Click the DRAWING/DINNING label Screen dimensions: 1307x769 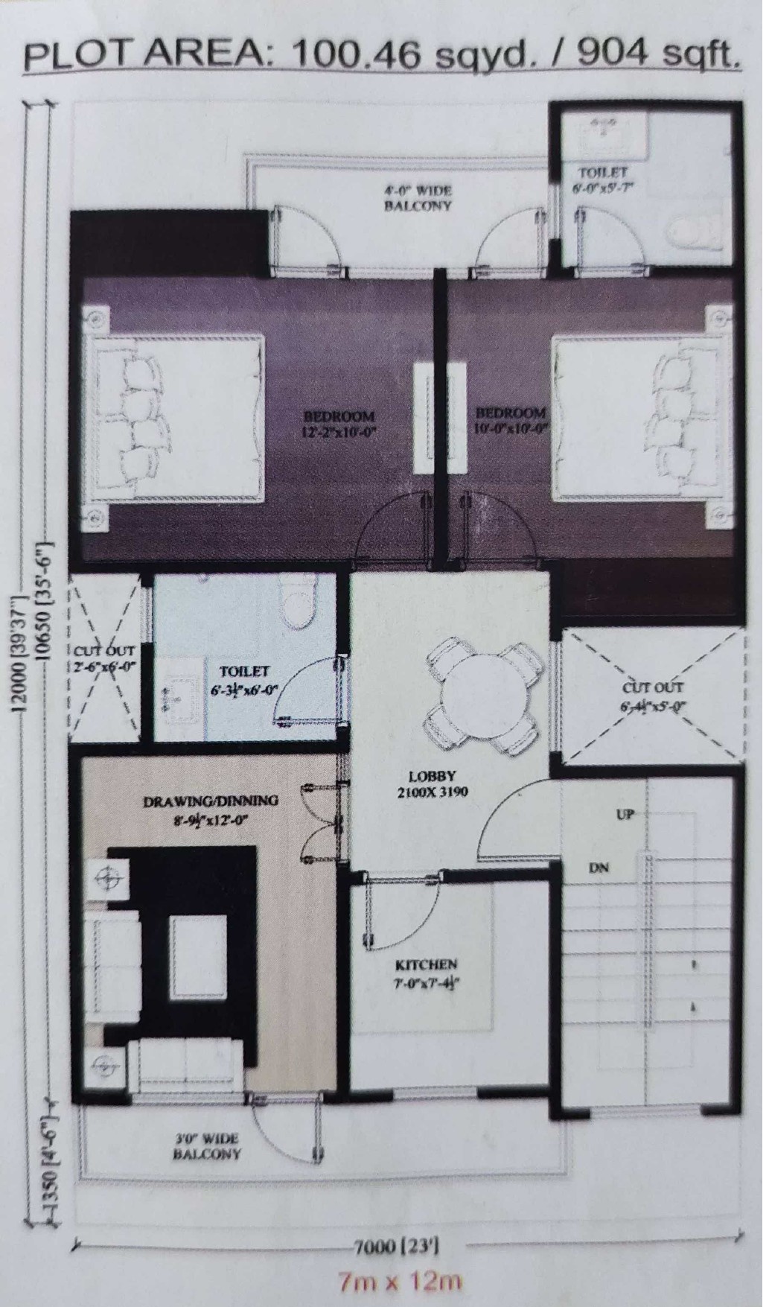tap(211, 802)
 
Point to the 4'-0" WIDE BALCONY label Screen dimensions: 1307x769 tap(418, 198)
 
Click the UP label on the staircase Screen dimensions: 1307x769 tap(625, 815)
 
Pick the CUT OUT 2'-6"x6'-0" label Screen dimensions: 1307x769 tap(105, 659)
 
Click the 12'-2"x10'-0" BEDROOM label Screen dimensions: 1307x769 tap(342, 423)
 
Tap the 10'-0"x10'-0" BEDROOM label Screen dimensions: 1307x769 tap(511, 420)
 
